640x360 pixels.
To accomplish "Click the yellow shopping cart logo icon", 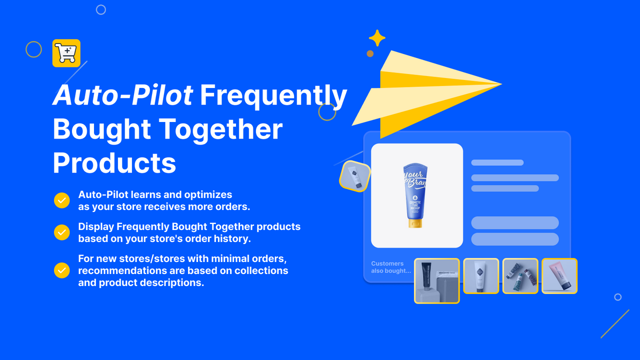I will pyautogui.click(x=66, y=53).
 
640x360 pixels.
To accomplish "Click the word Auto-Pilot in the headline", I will pyautogui.click(x=122, y=95).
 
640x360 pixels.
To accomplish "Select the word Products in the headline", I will pyautogui.click(x=114, y=162).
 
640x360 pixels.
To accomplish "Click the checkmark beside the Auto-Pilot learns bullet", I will pyautogui.click(x=61, y=200).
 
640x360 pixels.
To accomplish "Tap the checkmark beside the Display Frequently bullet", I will pyautogui.click(x=61, y=232).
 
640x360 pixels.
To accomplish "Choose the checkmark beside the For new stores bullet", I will pyautogui.click(x=61, y=270).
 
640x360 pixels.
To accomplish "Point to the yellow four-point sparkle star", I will pyautogui.click(x=377, y=38).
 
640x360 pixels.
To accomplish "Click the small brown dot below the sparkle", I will pyautogui.click(x=370, y=53).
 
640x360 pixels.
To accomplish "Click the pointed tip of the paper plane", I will pyautogui.click(x=500, y=84).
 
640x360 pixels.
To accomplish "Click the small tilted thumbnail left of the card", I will pyautogui.click(x=355, y=176).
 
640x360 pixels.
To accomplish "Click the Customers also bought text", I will pyautogui.click(x=390, y=267).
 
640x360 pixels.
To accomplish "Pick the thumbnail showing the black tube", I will pyautogui.click(x=436, y=280).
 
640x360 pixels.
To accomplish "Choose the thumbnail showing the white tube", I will pyautogui.click(x=481, y=275).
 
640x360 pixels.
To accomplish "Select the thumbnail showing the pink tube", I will pyautogui.click(x=559, y=275).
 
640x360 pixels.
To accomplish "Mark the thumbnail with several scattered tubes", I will pyautogui.click(x=520, y=275).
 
